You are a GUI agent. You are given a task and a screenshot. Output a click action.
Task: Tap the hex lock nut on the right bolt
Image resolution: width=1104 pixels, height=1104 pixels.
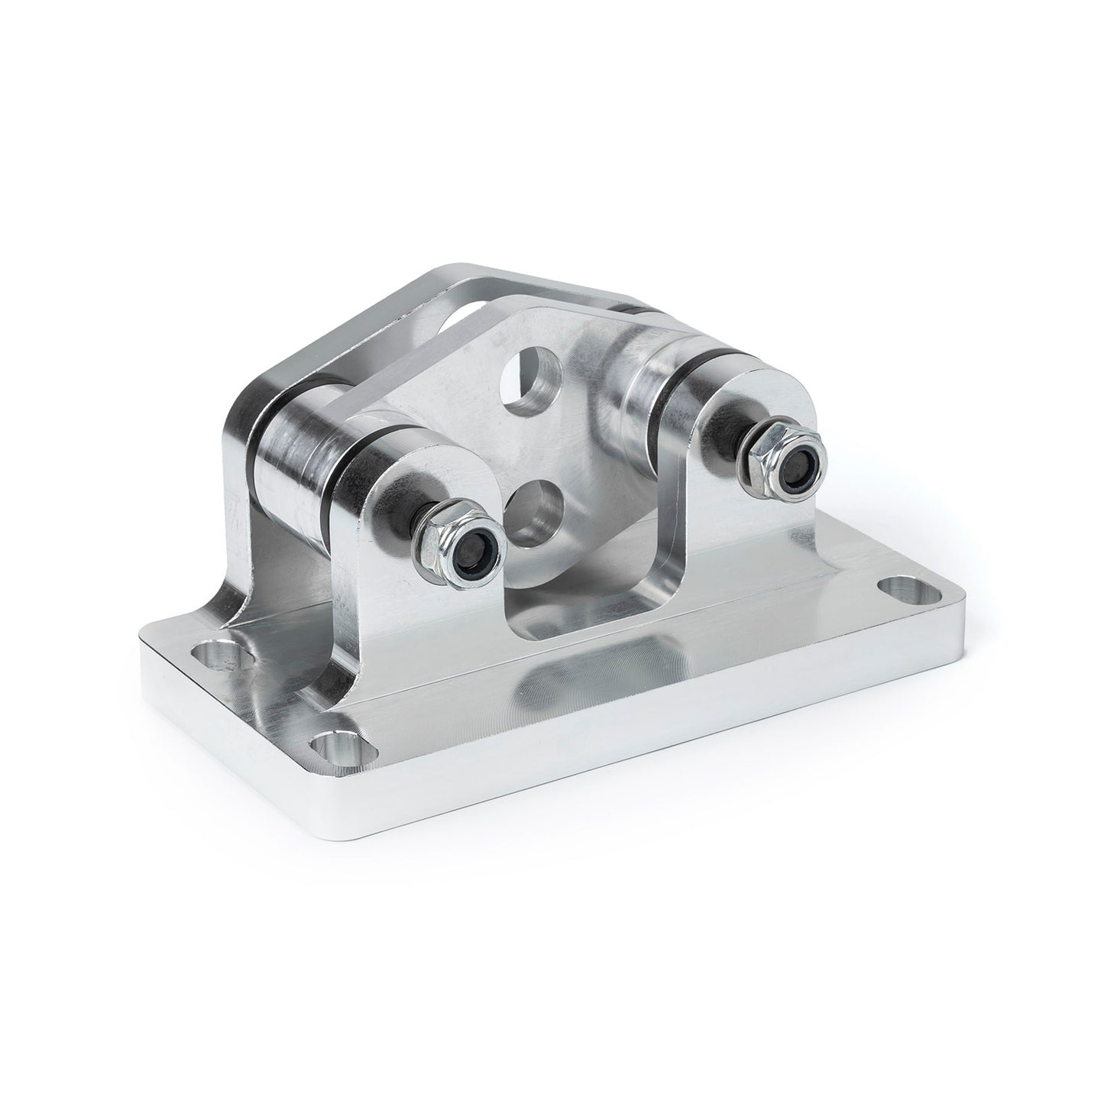[784, 457]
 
